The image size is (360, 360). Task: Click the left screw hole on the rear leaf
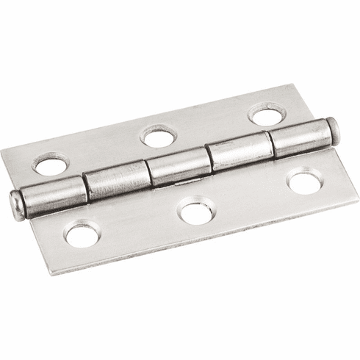coord(51,164)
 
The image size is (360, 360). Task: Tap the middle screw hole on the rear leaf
coord(159,136)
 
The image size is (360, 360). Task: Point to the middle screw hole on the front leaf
coord(196,211)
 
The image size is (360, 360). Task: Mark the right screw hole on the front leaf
coord(304,181)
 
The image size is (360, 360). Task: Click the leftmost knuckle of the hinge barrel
coord(51,198)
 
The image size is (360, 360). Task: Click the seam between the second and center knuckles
coord(148,173)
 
